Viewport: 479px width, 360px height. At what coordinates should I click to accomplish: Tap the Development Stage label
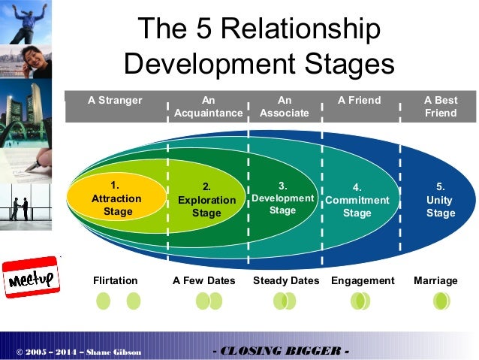pyautogui.click(x=283, y=198)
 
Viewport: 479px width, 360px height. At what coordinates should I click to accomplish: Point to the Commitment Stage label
pyautogui.click(x=357, y=200)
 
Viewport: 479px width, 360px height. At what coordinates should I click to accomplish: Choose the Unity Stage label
pyautogui.click(x=440, y=200)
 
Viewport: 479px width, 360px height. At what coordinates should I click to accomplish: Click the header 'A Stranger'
pyautogui.click(x=115, y=101)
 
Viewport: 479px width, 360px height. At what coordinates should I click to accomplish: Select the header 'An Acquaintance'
pyautogui.click(x=208, y=107)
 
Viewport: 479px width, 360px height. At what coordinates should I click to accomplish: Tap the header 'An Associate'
pyautogui.click(x=284, y=107)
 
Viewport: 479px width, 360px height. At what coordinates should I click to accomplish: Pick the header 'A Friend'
pyautogui.click(x=360, y=101)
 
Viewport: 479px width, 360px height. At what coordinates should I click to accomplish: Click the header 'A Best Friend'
pyautogui.click(x=440, y=107)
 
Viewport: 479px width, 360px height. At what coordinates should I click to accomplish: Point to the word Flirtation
pyautogui.click(x=115, y=281)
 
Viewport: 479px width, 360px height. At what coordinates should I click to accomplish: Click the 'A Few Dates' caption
pyautogui.click(x=203, y=281)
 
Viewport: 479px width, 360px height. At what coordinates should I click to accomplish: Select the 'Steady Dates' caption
pyautogui.click(x=286, y=281)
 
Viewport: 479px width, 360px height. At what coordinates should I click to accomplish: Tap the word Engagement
pyautogui.click(x=363, y=281)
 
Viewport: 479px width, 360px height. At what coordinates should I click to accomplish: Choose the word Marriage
pyautogui.click(x=435, y=281)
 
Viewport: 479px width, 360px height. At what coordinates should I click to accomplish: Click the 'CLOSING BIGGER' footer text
pyautogui.click(x=281, y=351)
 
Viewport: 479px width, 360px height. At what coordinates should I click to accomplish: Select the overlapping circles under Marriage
pyautogui.click(x=441, y=301)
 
